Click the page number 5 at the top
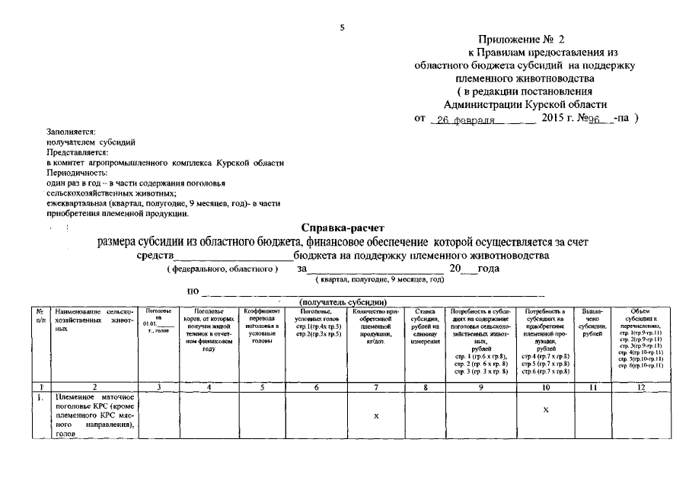pos(343,27)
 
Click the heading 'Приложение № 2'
pos(522,39)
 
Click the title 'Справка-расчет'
pos(343,228)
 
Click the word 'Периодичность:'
pos(76,173)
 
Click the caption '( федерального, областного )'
pos(222,269)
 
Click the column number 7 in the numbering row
pos(376,387)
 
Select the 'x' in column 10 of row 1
pos(546,409)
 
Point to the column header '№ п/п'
pos(39,316)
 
